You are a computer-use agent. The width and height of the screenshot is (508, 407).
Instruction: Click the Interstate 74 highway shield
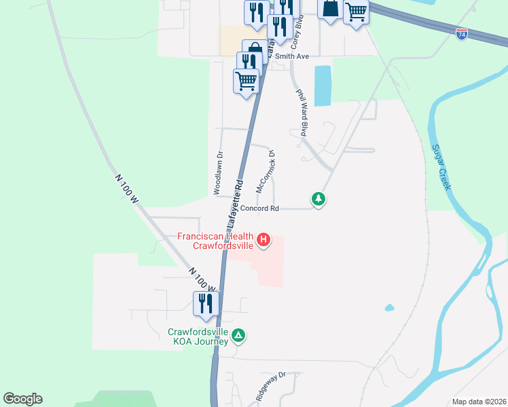pos(462,33)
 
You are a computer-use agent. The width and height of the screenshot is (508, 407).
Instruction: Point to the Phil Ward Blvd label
pos(302,113)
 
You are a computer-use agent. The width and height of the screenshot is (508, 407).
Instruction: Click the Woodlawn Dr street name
pos(219,173)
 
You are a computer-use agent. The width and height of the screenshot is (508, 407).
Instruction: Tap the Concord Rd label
pos(260,209)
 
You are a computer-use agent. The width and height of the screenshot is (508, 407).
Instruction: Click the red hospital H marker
pos(263,240)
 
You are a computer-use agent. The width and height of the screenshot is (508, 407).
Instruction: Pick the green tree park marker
pos(318,199)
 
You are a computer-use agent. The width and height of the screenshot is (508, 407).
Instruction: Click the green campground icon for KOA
pos(238,335)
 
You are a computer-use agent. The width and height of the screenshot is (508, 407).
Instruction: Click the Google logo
pos(22,399)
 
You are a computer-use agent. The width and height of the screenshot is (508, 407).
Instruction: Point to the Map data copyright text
pos(478,402)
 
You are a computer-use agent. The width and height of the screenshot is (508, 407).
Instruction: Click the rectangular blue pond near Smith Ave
pos(323,85)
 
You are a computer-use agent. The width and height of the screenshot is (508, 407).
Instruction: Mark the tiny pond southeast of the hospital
pos(389,307)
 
